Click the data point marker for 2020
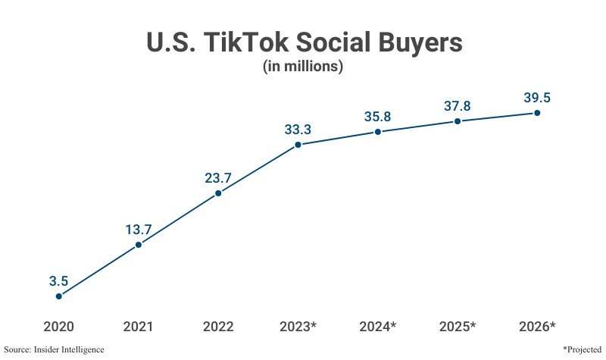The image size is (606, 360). tap(59, 296)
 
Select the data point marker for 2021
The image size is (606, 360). tap(139, 245)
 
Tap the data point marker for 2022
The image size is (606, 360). tap(218, 193)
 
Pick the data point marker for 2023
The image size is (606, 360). tap(298, 144)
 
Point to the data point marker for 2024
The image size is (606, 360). tap(378, 132)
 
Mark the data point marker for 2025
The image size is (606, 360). tap(458, 121)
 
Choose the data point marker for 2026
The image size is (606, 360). tap(537, 113)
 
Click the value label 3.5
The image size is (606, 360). tap(59, 281)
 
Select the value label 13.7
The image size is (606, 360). tap(139, 230)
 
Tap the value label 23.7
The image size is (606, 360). tap(218, 179)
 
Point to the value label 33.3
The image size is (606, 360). tap(298, 130)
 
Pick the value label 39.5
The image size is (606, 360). tap(537, 98)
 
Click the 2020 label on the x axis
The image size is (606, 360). tap(59, 327)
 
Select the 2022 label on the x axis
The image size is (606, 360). tap(218, 327)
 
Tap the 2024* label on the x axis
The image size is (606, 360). tap(378, 327)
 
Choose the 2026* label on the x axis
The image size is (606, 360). tap(537, 327)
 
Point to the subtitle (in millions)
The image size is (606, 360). tap(303, 67)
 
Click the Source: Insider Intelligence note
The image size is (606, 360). tap(54, 349)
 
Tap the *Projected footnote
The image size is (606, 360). tap(582, 349)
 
